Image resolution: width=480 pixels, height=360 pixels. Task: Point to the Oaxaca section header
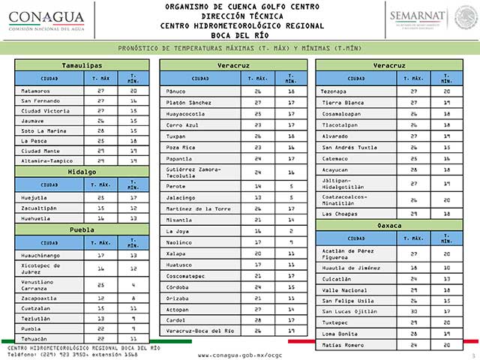click(x=394, y=225)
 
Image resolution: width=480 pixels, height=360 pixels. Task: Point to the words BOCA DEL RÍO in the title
click(x=240, y=34)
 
